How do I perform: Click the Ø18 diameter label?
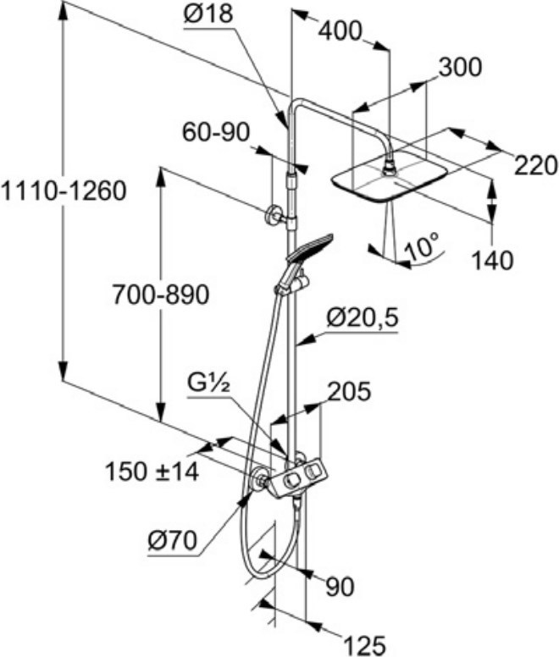point(208,14)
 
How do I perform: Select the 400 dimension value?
point(340,31)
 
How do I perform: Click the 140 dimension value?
point(492,261)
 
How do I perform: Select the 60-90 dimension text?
point(215,132)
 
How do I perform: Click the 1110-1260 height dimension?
point(63,191)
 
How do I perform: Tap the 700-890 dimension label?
point(160,295)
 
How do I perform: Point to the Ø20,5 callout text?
point(362,319)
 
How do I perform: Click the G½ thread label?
point(209,384)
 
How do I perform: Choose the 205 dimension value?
point(349,391)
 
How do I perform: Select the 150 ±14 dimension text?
point(152,472)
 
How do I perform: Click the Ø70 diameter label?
point(172,540)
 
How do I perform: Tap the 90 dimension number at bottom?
point(340,587)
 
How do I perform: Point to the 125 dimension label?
point(364,645)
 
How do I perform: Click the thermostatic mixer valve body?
point(298,478)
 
